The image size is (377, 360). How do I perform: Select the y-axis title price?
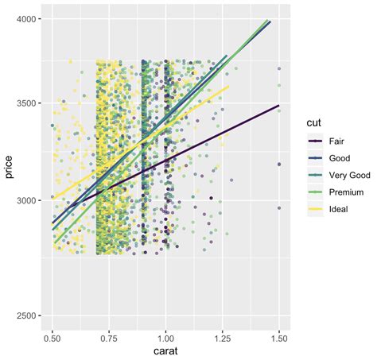pos(10,170)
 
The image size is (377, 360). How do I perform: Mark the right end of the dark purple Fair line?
pos(278,105)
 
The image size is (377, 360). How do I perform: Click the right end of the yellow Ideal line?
pos(229,87)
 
